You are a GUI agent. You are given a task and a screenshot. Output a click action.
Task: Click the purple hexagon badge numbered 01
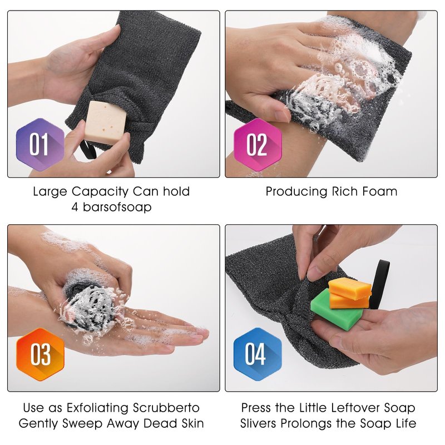point(40,145)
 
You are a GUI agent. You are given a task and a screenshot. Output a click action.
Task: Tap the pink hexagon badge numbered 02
point(258,145)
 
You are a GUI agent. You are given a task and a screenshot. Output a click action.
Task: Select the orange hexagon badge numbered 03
point(40,354)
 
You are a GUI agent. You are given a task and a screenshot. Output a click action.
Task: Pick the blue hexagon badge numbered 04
point(258,354)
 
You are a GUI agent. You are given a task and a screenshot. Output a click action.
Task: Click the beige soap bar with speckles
point(106,123)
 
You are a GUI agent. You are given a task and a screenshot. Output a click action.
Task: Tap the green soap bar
point(337,310)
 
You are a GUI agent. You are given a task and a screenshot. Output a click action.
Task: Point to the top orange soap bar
point(350,288)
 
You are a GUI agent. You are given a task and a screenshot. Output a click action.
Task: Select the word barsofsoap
point(117,207)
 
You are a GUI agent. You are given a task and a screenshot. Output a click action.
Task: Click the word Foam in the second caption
point(380,191)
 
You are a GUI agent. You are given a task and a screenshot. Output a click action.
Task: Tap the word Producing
point(296,192)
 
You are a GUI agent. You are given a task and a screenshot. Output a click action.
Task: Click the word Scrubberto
point(166,408)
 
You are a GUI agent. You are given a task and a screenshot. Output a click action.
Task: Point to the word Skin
point(192,423)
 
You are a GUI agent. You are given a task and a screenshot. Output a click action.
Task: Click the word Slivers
point(258,423)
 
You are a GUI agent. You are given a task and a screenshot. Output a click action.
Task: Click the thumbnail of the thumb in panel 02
point(283,116)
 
